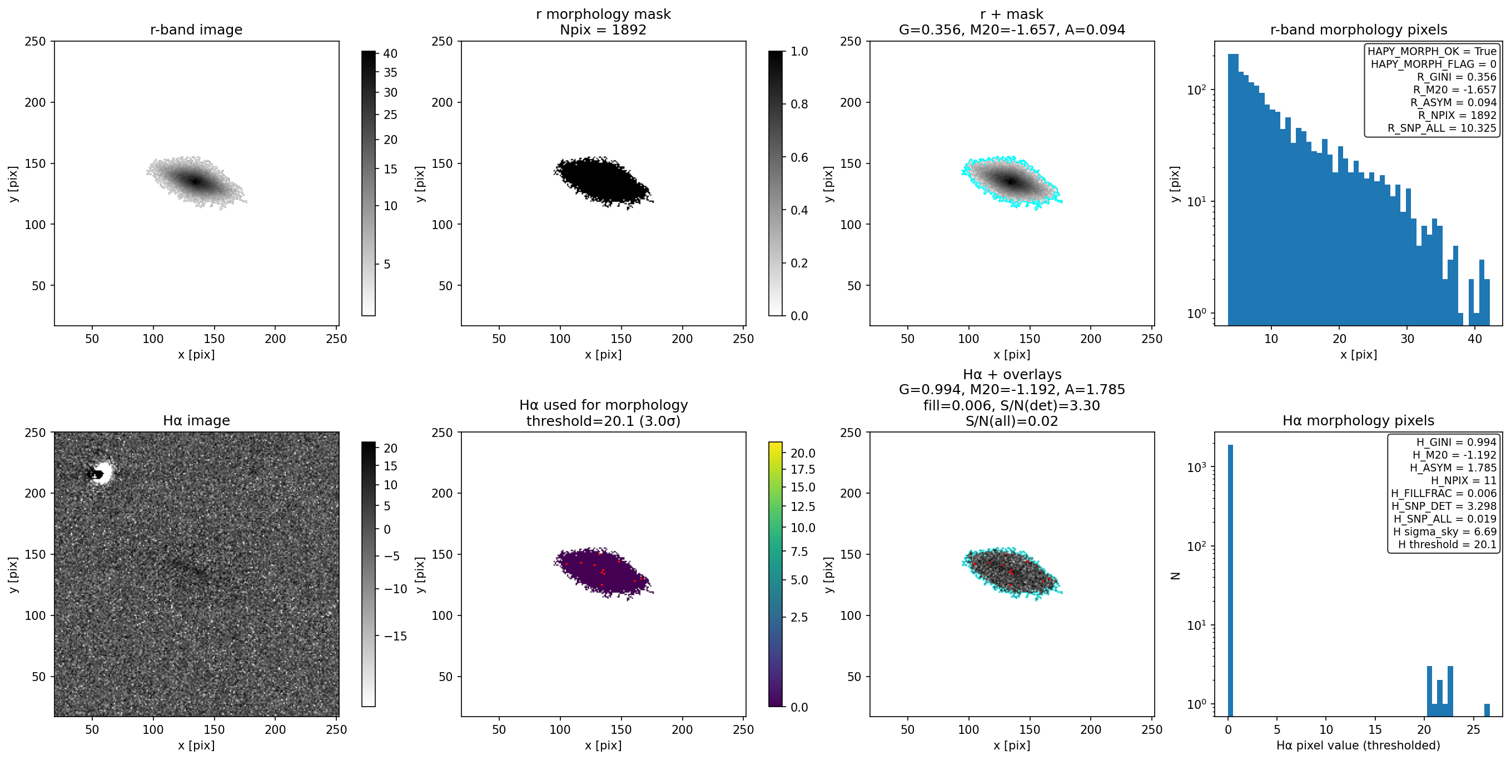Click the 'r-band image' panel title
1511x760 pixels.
196,30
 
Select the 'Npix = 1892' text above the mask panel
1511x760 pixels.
603,30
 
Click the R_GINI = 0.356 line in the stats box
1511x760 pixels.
1457,77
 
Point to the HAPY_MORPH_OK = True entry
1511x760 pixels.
1432,52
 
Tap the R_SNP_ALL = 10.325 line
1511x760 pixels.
1442,128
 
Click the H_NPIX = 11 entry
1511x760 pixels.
1464,481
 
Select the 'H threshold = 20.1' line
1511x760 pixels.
1447,544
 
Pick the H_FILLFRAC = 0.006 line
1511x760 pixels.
1444,494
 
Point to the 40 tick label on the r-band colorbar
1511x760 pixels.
390,53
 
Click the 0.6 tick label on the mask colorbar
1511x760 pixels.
799,157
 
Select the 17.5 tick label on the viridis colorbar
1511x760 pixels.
802,469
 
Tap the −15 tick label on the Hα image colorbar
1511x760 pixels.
395,636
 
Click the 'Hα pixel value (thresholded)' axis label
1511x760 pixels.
1358,746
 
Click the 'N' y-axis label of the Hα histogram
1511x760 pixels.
1175,576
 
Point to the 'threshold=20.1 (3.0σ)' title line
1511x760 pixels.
603,421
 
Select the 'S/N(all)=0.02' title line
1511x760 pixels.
1011,421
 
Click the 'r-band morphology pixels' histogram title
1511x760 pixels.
1359,30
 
